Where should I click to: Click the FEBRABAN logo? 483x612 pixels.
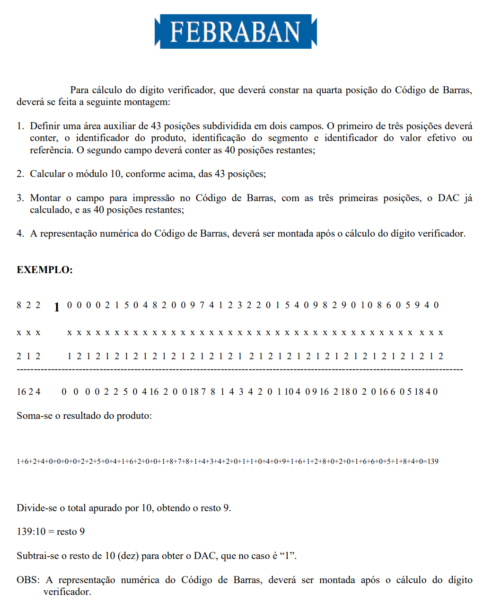tap(236, 31)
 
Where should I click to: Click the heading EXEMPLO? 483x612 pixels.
tap(44, 270)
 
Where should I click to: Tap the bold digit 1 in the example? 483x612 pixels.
tap(57, 307)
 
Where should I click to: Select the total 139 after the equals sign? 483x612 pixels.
tap(432, 461)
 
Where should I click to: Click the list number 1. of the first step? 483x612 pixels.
tap(20, 126)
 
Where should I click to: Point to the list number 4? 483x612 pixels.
tap(20, 233)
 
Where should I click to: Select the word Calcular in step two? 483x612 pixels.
tap(47, 174)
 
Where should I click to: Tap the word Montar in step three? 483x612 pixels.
tap(45, 198)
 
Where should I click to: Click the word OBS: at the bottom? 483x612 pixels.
tap(28, 580)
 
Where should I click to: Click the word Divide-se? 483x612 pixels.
tap(37, 508)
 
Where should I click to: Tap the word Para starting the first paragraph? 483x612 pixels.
tap(79, 90)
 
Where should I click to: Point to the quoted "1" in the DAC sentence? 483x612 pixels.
tap(288, 556)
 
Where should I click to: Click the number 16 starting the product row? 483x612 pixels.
tap(21, 392)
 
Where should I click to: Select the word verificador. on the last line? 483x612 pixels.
tap(67, 592)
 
